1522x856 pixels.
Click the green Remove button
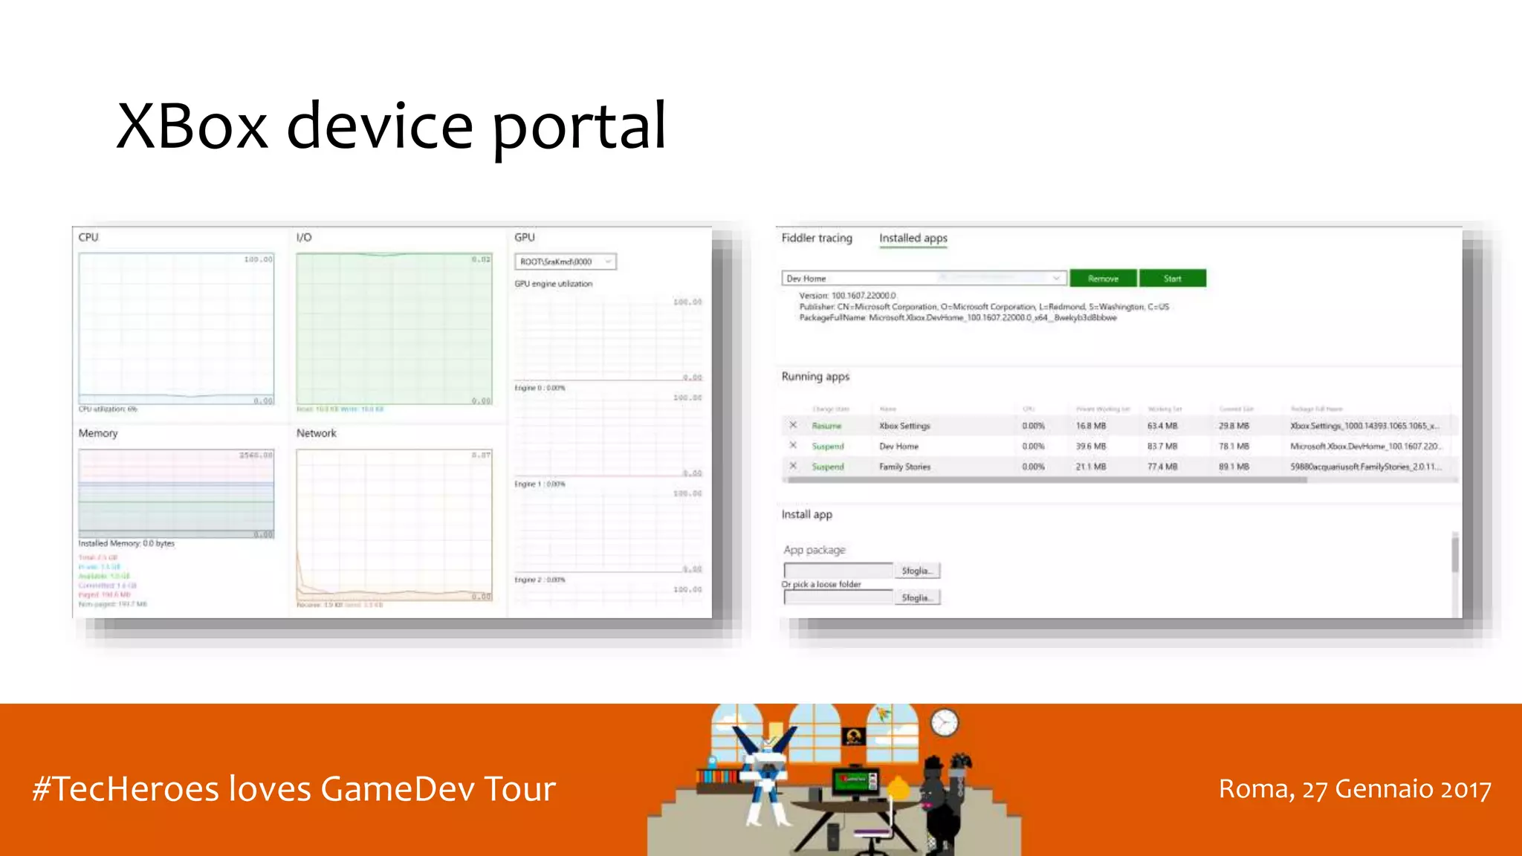(1103, 279)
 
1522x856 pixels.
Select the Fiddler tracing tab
(817, 238)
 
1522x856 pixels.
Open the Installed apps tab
(913, 238)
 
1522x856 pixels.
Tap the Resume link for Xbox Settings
(826, 426)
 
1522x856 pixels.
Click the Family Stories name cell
(904, 467)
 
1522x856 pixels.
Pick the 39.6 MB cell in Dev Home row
(1091, 447)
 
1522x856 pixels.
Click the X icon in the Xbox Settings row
(793, 425)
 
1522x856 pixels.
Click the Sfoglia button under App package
(917, 571)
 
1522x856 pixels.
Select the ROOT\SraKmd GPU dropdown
(565, 262)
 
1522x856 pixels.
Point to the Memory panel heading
(98, 433)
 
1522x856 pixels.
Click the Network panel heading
(317, 433)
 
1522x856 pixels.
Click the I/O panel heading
(304, 238)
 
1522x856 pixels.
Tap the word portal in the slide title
(579, 126)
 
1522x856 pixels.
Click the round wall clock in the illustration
(945, 722)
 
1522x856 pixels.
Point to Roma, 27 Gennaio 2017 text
(1354, 788)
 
